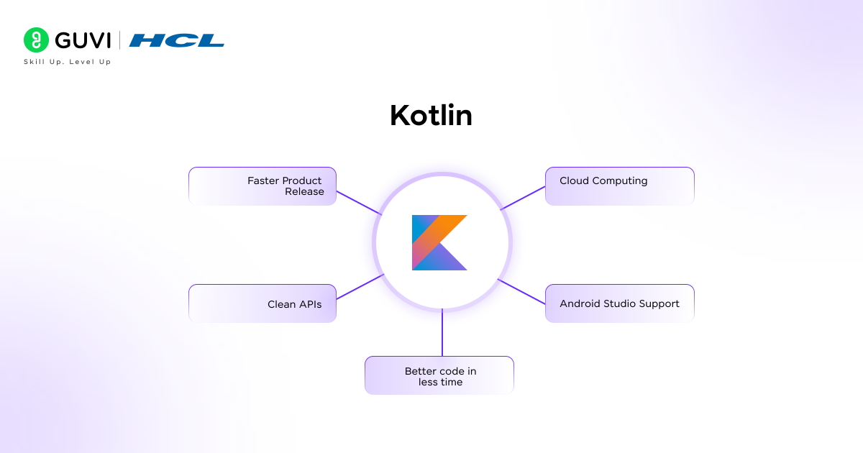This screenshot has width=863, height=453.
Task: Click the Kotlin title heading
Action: point(431,115)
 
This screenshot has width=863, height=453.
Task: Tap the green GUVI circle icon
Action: point(36,40)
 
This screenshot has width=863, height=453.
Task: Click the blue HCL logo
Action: point(176,40)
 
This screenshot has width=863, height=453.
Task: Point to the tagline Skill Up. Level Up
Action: point(68,62)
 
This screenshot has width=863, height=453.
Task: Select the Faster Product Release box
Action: point(262,186)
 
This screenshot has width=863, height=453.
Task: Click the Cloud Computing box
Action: point(619,186)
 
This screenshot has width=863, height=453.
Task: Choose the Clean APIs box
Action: point(262,303)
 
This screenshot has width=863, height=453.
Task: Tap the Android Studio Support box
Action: point(619,303)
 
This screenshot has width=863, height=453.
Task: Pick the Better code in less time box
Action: point(439,375)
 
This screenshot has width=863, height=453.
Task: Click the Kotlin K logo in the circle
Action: point(439,243)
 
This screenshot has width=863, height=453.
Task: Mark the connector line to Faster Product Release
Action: point(359,203)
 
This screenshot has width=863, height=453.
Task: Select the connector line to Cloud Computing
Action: point(523,198)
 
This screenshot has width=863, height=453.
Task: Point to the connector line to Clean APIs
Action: point(360,287)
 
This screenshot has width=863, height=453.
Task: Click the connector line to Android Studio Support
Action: point(521,292)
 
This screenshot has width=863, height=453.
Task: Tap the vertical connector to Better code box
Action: point(442,332)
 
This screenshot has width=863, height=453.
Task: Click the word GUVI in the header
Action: point(83,40)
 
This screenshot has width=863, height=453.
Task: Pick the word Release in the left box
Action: point(304,191)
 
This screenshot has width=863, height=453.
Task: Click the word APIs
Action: point(310,304)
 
